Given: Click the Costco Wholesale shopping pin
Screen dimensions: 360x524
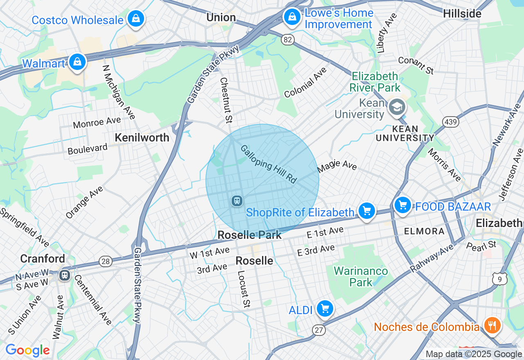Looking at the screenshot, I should pos(135,19).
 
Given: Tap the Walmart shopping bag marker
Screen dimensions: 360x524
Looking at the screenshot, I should pos(77,62).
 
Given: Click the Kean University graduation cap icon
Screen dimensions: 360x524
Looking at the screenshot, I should pos(397,108).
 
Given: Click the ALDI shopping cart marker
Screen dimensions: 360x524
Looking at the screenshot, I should pos(325,309).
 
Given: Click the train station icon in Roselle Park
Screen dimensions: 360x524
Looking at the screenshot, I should pos(237,201).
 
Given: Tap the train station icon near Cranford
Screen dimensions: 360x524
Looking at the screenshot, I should pos(64,275).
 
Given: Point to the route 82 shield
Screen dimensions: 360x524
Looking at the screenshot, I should pos(288,39).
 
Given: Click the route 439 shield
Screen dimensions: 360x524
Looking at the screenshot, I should pos(450,122).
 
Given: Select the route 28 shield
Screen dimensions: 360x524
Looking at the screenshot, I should pos(106,261).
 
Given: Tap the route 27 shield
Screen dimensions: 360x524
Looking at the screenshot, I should pos(318,330).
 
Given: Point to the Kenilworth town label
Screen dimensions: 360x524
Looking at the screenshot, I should pos(142,138).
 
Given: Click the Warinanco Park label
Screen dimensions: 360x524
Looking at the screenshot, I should pos(361,277).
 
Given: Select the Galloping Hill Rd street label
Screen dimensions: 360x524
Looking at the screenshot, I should pos(268,164).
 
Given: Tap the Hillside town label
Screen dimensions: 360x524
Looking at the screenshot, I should pos(462,13).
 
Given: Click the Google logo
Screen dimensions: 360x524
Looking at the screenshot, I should pos(27,350).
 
